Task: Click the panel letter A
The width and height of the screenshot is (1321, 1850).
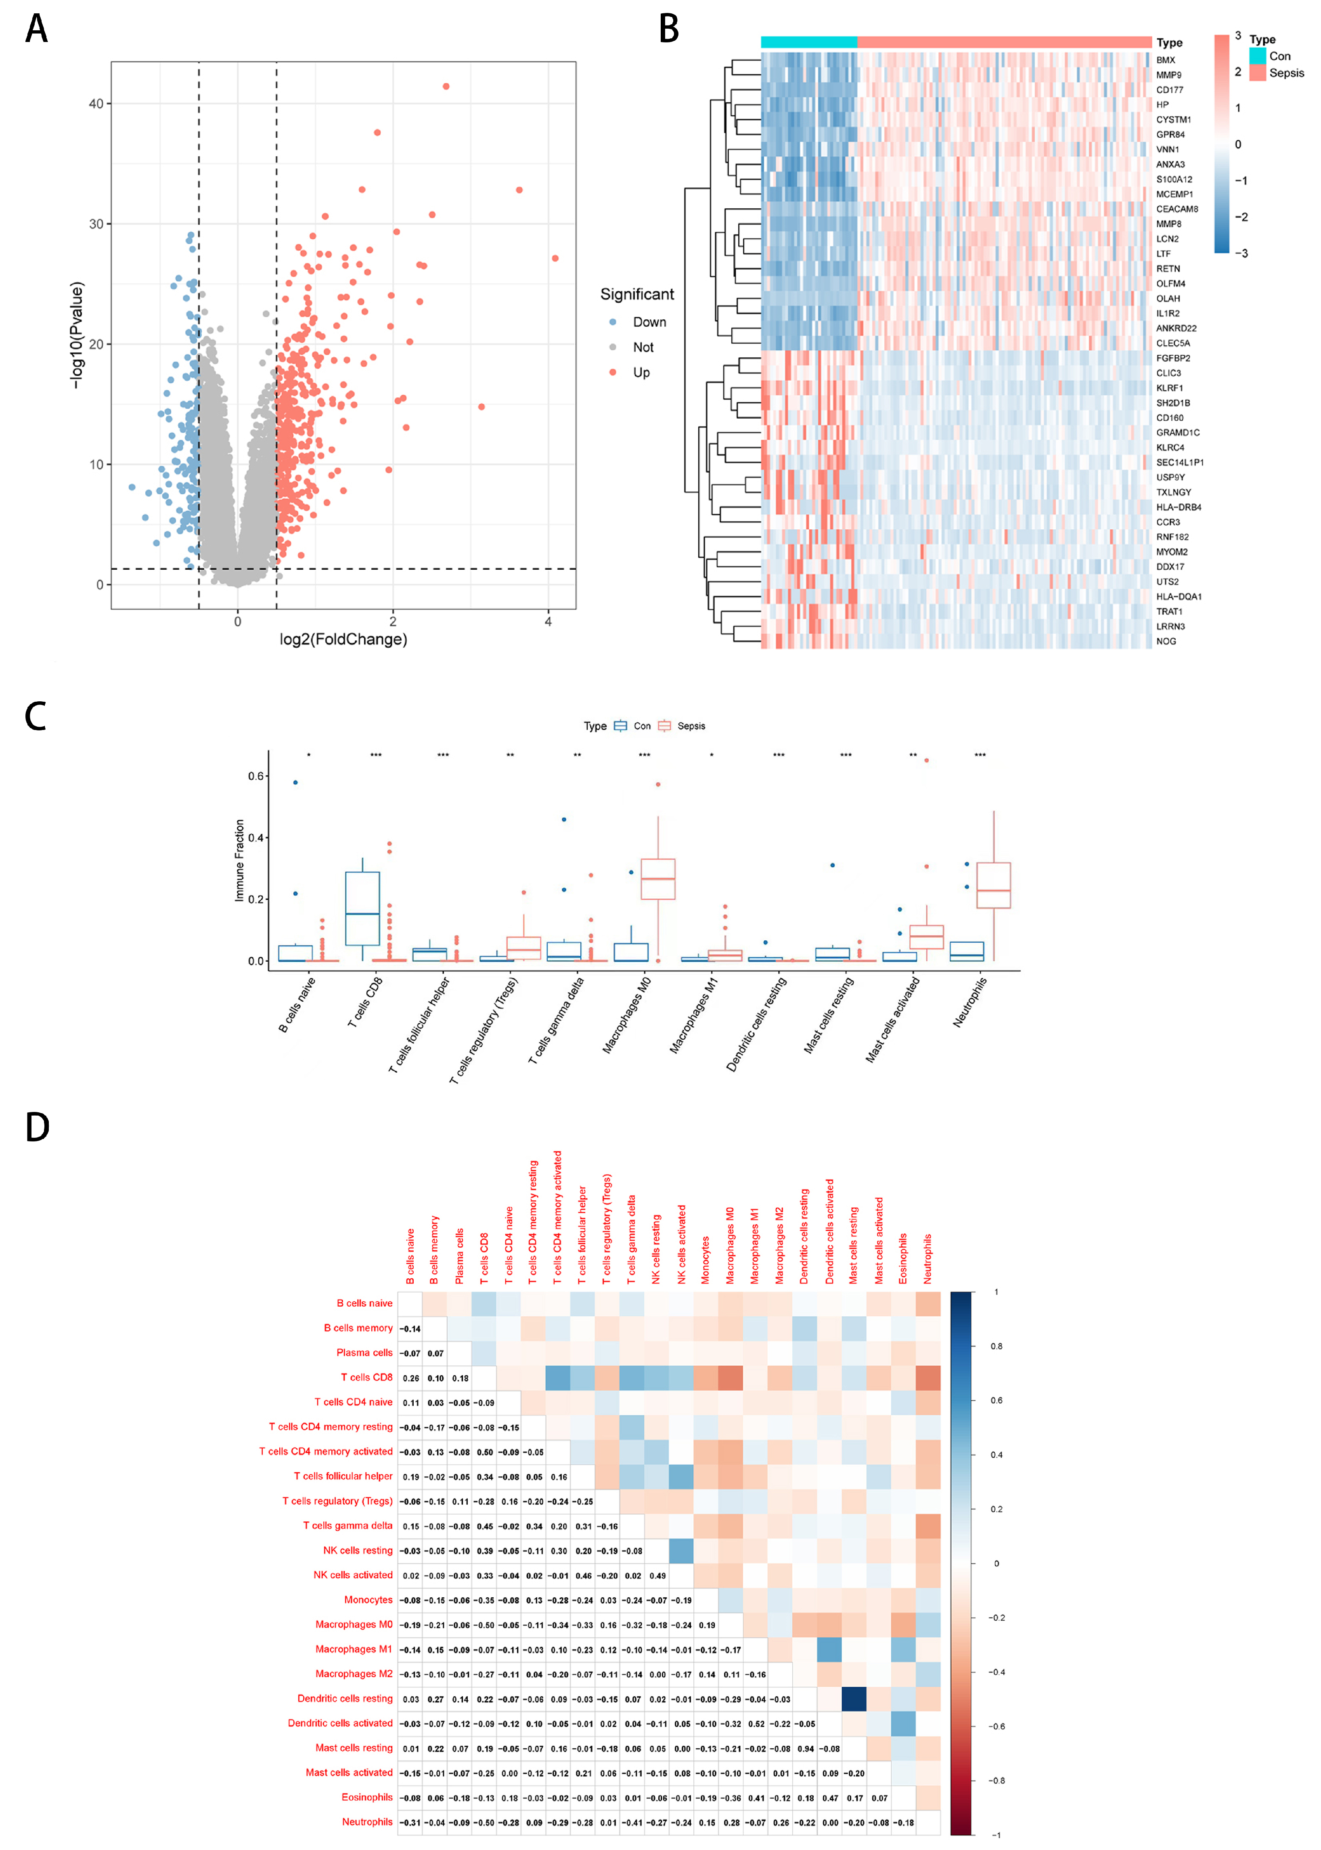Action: pyautogui.click(x=37, y=29)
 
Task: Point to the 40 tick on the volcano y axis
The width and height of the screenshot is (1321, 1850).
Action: pyautogui.click(x=96, y=103)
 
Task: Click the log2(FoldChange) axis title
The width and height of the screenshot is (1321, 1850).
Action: pyautogui.click(x=343, y=640)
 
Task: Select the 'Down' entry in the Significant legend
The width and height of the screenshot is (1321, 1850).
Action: pyautogui.click(x=649, y=322)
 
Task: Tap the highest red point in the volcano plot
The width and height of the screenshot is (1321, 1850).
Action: pyautogui.click(x=446, y=86)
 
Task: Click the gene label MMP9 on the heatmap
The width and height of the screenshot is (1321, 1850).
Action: pyautogui.click(x=1169, y=75)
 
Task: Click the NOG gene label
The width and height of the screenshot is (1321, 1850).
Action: pyautogui.click(x=1166, y=641)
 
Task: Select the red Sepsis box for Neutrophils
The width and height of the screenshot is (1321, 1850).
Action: pyautogui.click(x=993, y=885)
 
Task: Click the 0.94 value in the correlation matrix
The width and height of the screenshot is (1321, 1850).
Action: pyautogui.click(x=805, y=1748)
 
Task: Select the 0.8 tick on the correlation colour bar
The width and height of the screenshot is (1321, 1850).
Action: pyautogui.click(x=997, y=1347)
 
